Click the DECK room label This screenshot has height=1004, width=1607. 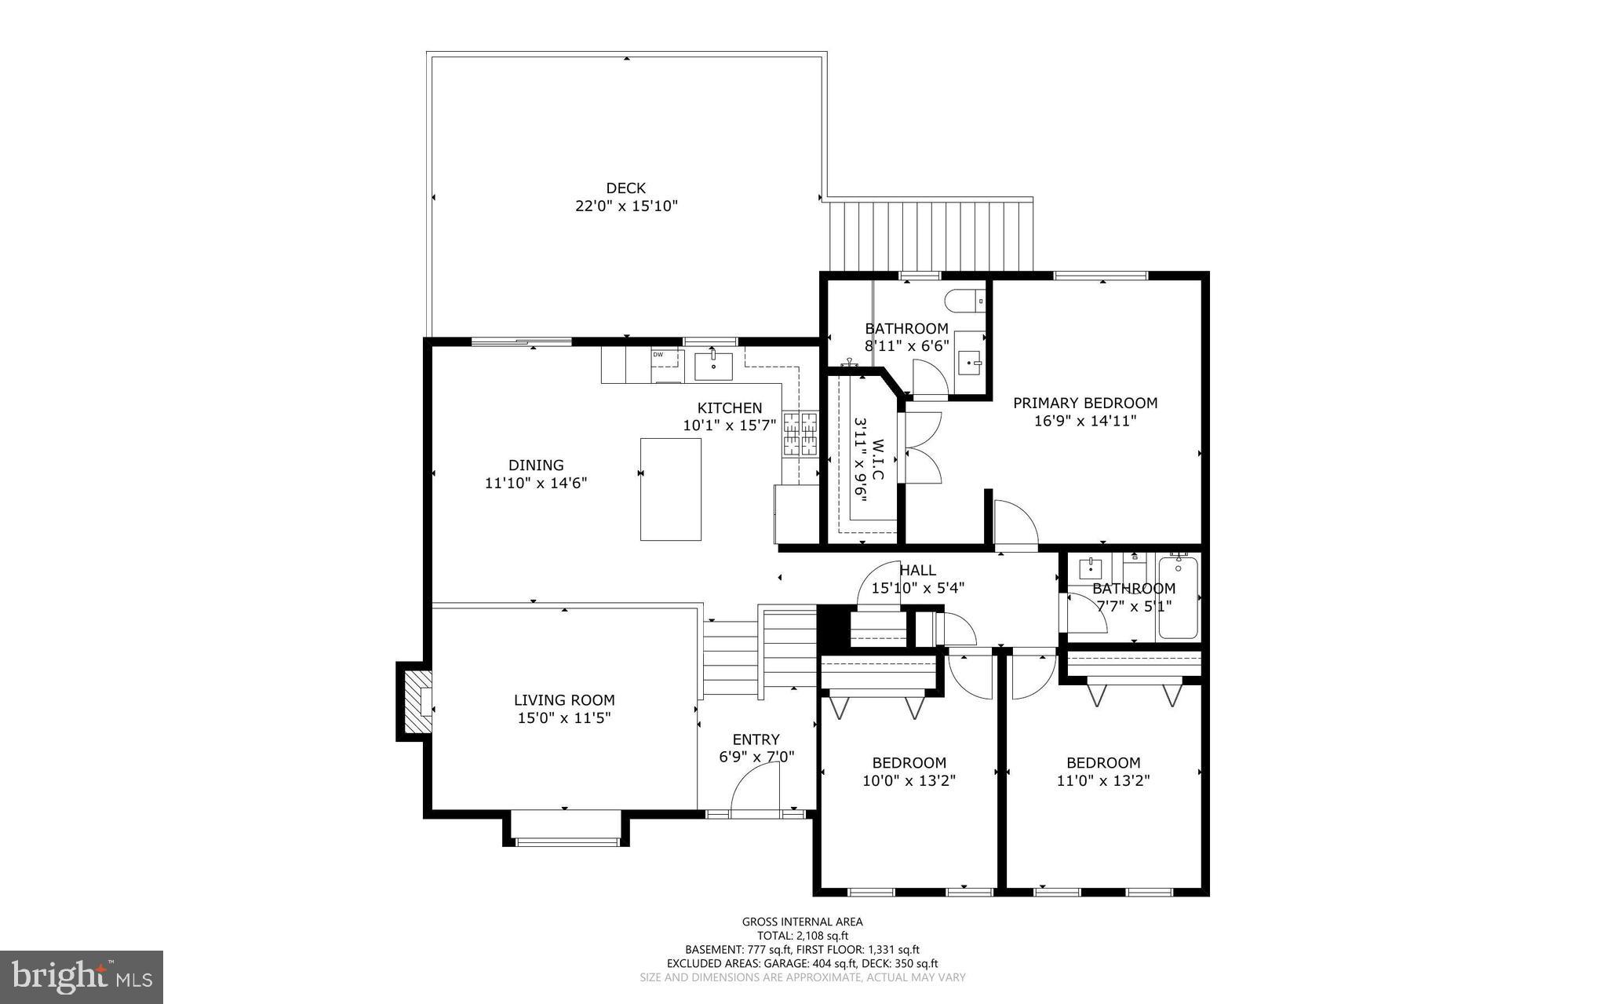625,188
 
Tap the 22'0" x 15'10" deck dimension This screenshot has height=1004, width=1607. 625,206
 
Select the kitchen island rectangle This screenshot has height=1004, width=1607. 670,489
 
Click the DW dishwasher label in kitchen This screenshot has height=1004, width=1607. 658,355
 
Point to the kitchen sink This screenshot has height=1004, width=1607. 713,366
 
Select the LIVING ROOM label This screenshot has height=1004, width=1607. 564,700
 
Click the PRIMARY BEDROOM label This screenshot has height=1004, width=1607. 1084,403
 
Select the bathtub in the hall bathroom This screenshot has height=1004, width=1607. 1178,597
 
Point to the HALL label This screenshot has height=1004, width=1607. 917,571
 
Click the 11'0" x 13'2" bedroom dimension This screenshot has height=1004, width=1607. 1102,781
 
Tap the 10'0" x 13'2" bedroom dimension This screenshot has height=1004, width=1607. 909,781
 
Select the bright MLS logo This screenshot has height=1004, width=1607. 82,977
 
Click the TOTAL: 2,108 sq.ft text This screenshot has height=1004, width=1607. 802,936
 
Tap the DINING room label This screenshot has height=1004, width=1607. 535,465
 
